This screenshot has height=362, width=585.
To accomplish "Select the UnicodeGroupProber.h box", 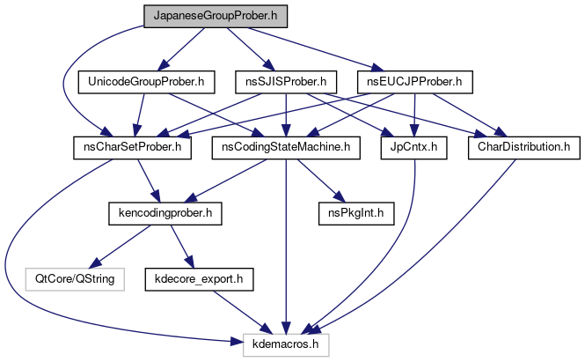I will [147, 83].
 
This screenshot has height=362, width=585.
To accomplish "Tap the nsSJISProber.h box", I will [287, 83].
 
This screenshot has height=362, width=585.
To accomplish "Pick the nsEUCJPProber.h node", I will [415, 83].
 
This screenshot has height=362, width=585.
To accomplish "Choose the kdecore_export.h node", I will [205, 279].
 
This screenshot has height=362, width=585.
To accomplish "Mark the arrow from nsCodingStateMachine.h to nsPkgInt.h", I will [316, 181].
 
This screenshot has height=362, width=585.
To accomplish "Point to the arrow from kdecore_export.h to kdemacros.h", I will [245, 312].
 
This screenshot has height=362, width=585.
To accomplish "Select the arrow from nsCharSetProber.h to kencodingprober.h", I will [145, 181].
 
